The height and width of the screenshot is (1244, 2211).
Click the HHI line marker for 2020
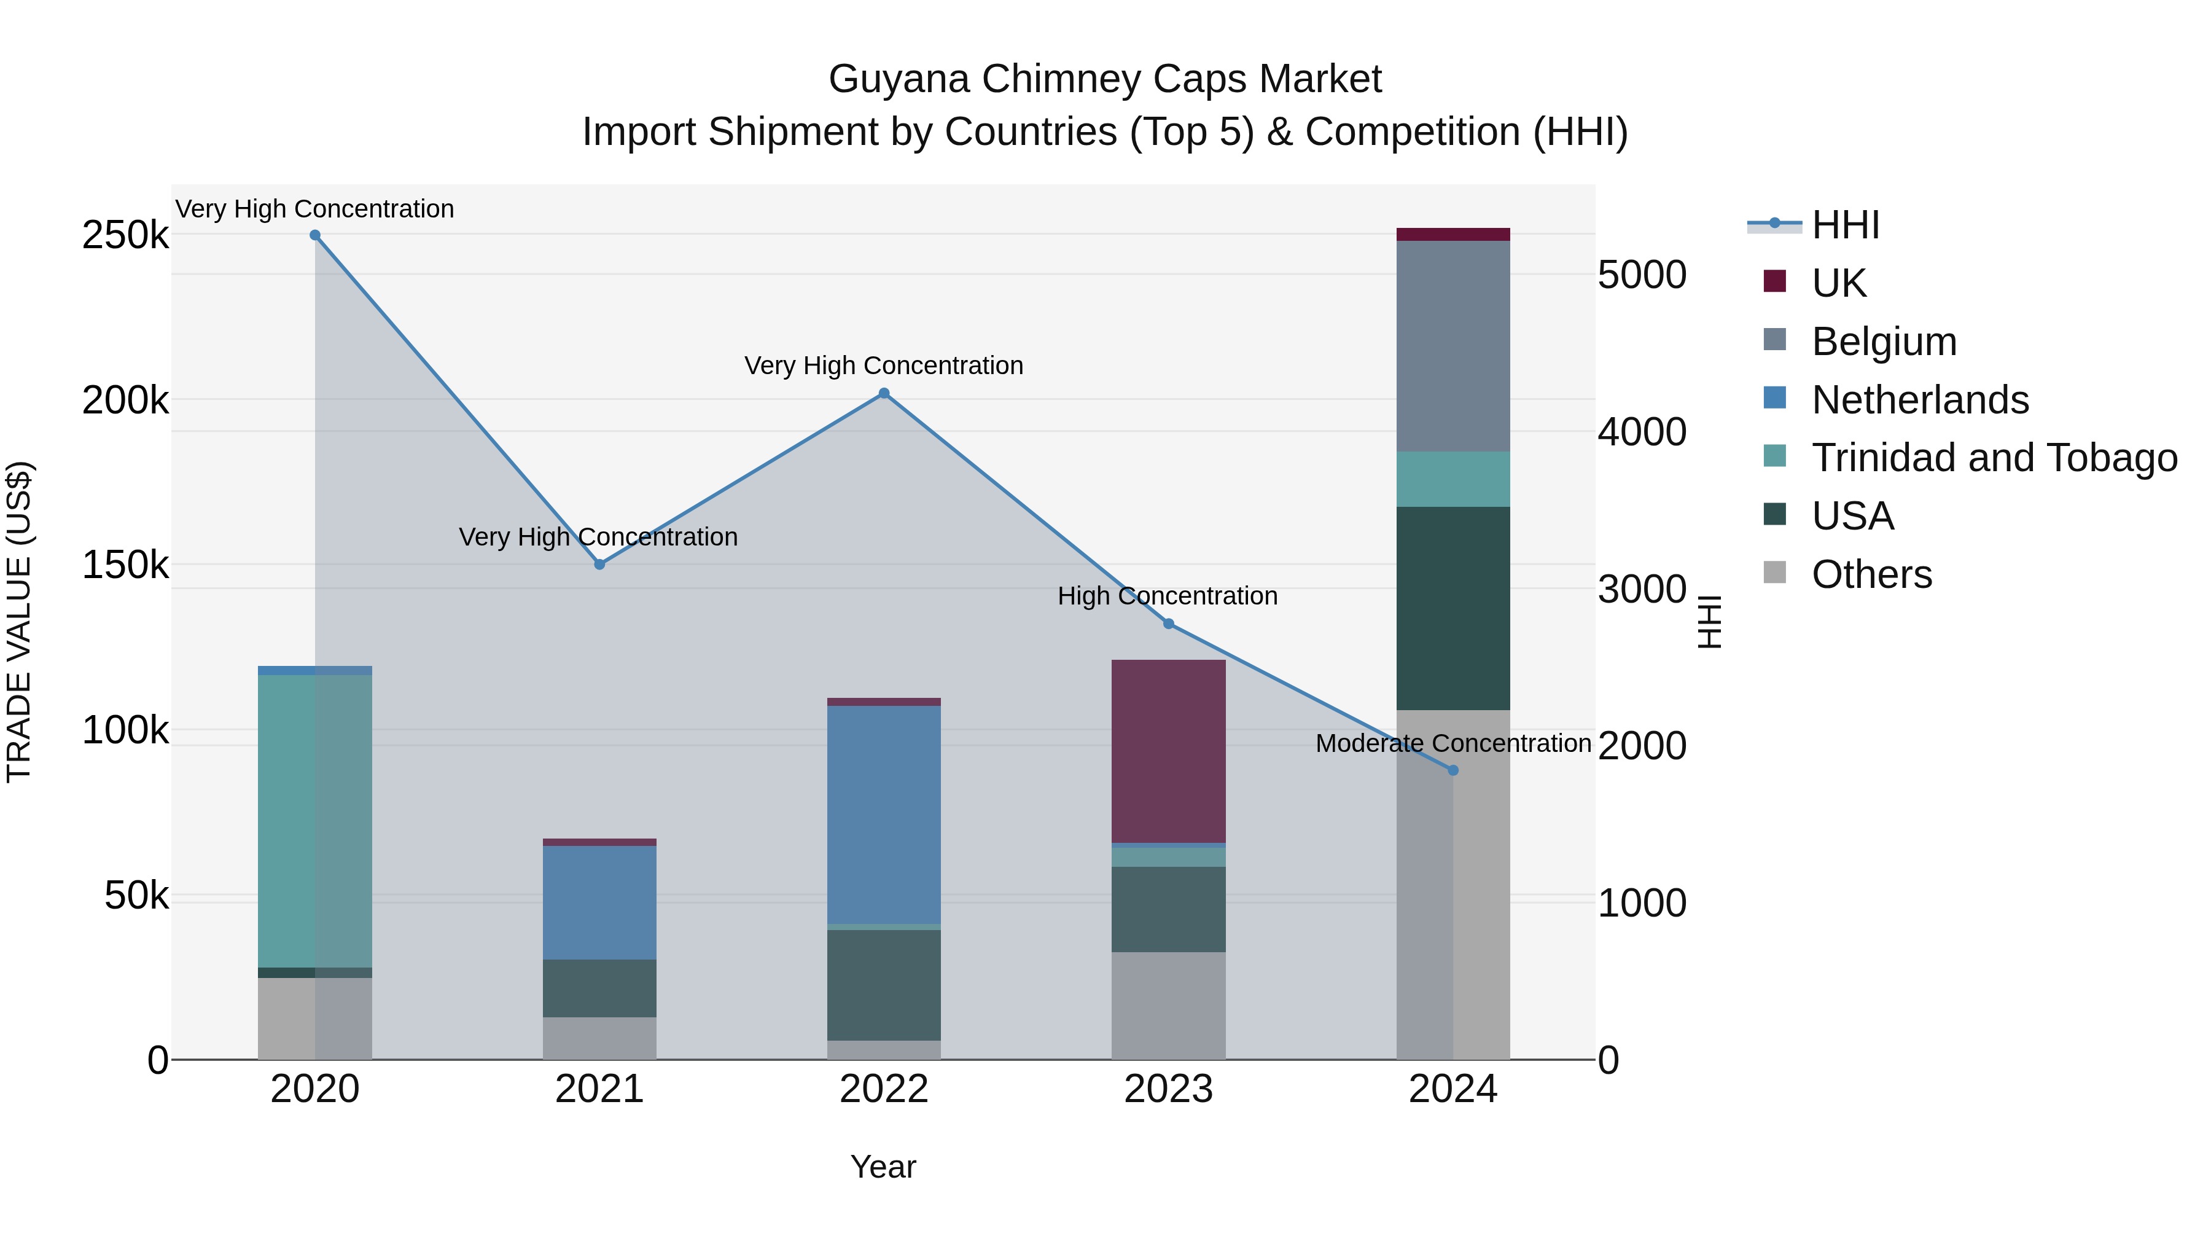click(315, 235)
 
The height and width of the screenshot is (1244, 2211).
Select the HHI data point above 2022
click(884, 394)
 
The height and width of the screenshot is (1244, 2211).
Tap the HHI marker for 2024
click(1453, 771)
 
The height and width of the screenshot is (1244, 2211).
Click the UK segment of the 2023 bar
click(1168, 751)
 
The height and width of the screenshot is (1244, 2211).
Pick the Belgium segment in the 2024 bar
click(1453, 346)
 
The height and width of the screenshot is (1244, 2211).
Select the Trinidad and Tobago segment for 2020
click(315, 821)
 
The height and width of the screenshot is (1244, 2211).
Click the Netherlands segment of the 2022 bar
click(884, 814)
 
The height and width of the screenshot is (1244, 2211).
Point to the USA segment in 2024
click(1453, 608)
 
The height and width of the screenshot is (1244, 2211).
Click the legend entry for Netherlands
click(1920, 400)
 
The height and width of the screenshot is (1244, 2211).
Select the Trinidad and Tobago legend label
click(1994, 458)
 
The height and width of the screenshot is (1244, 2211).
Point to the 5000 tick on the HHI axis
click(1642, 276)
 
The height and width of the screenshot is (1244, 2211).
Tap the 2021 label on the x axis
click(599, 1089)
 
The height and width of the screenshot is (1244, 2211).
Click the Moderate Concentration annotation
click(1453, 743)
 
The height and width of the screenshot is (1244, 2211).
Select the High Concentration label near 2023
click(1168, 596)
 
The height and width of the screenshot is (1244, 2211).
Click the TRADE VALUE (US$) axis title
click(19, 622)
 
